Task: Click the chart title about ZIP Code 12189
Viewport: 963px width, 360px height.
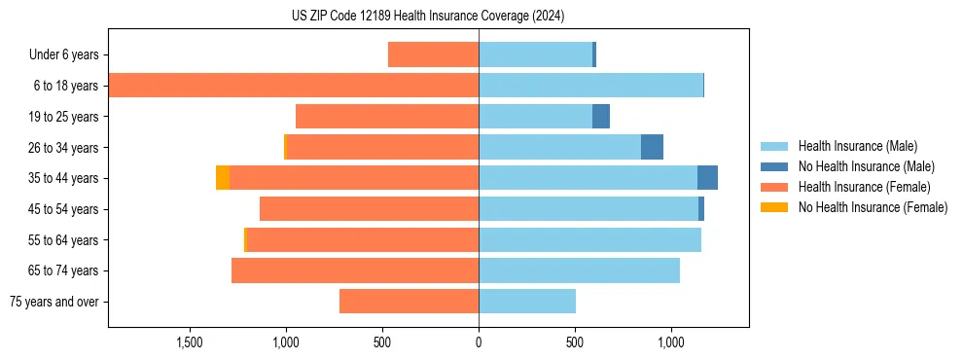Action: click(x=428, y=17)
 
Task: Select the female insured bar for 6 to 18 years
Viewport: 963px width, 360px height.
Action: click(x=293, y=86)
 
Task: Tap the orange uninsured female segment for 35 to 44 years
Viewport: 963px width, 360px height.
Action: click(x=223, y=178)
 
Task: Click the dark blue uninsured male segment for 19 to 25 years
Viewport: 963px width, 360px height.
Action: click(x=601, y=117)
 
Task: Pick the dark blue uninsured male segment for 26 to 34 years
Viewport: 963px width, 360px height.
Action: click(x=652, y=147)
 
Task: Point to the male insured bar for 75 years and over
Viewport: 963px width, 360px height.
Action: click(x=527, y=302)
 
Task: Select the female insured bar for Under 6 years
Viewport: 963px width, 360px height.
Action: click(x=433, y=54)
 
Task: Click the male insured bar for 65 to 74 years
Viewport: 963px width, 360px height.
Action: click(x=579, y=270)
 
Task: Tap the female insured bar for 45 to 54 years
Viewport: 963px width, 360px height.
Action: click(x=369, y=209)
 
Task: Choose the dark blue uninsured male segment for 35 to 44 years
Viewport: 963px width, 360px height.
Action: click(x=707, y=178)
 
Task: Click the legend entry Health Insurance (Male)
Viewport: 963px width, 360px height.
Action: click(x=857, y=146)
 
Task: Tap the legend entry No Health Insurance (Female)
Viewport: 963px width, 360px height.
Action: click(x=873, y=207)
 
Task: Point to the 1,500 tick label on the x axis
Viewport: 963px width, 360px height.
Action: click(x=190, y=343)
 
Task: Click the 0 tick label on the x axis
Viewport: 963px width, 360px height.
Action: click(x=479, y=343)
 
